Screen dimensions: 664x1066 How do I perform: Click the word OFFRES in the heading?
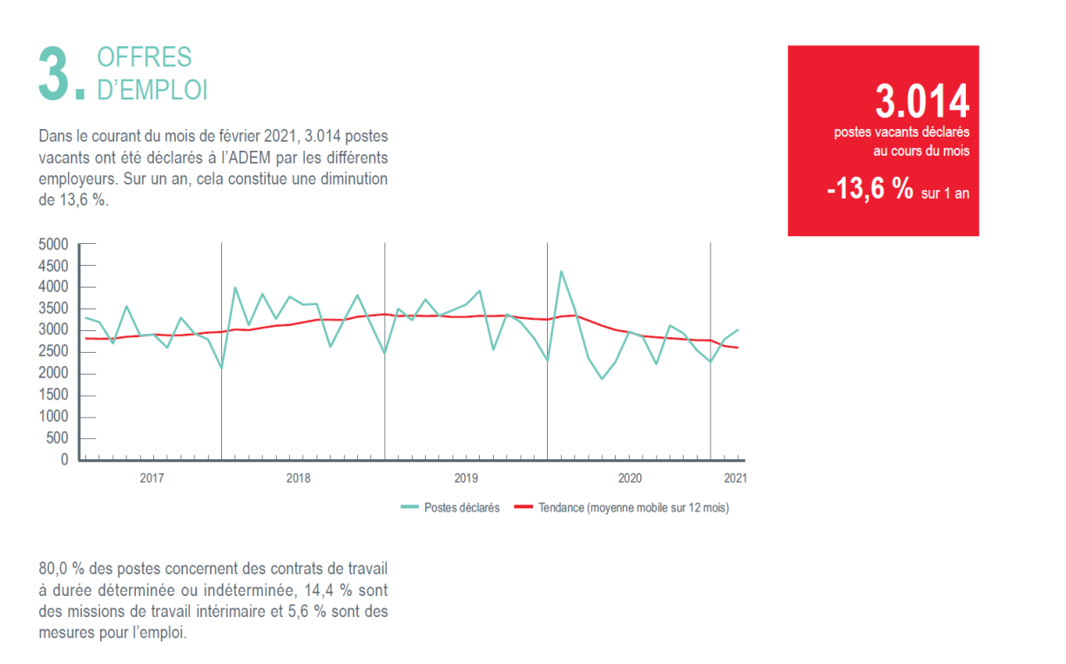click(144, 58)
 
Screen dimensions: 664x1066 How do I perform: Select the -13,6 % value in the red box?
click(869, 189)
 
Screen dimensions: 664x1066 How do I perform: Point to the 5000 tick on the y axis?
click(53, 244)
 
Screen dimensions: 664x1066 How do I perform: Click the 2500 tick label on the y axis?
click(53, 352)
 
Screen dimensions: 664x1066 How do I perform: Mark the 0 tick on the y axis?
click(64, 460)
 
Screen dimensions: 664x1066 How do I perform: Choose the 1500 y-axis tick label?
click(53, 396)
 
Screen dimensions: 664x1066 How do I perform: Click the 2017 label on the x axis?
click(152, 478)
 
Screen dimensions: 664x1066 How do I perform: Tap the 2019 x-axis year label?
click(466, 478)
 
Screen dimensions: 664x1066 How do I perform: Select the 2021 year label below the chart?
click(735, 478)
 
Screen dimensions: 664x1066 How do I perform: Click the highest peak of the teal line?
click(561, 272)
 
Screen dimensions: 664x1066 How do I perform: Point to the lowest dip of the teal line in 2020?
click(601, 379)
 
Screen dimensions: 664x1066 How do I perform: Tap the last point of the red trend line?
click(739, 348)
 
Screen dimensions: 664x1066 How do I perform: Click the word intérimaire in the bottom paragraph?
click(232, 612)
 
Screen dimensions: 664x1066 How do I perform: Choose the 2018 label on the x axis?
click(298, 478)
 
